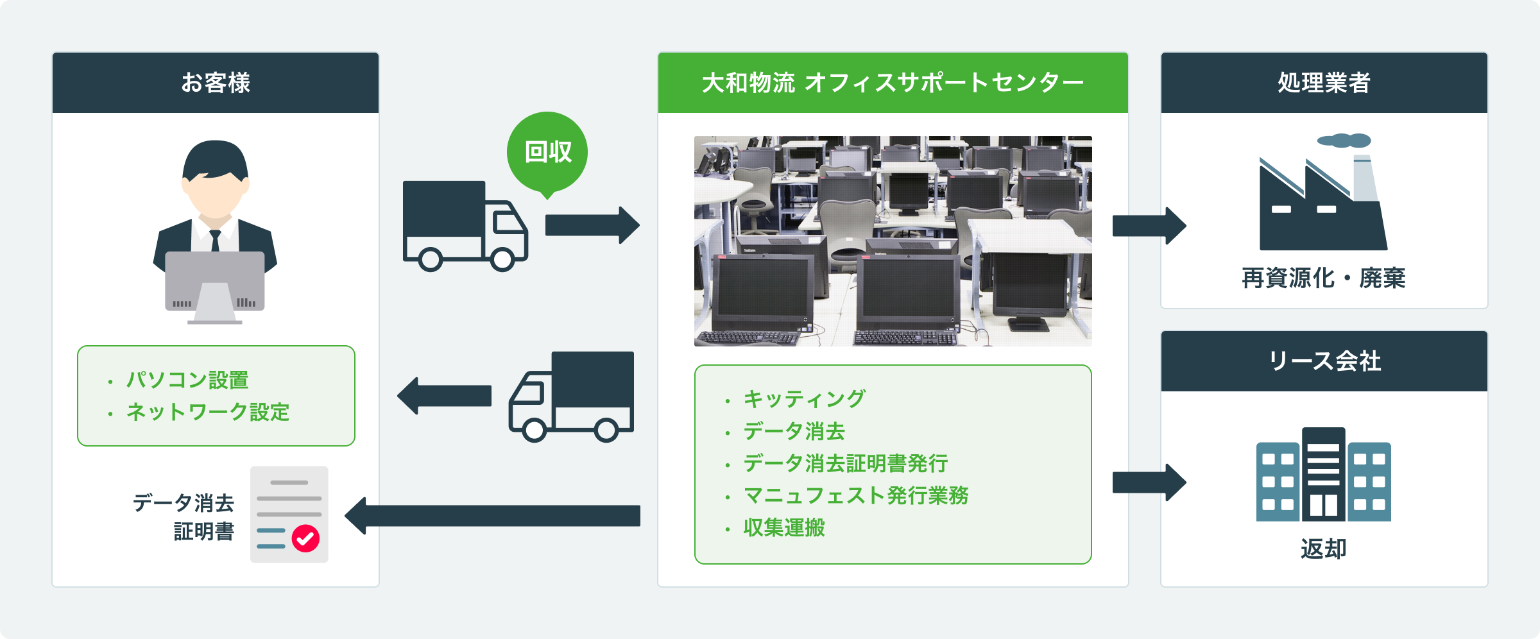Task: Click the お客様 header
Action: [x=216, y=83]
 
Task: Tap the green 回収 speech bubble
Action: [x=547, y=152]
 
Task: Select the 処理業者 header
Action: [x=1324, y=83]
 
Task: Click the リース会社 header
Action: [x=1324, y=361]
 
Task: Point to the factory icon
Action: [x=1322, y=199]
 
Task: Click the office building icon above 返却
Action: [x=1323, y=475]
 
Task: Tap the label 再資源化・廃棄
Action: [x=1323, y=278]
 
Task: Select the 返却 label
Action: [x=1323, y=549]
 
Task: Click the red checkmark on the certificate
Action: [x=305, y=538]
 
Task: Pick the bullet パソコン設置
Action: [x=187, y=380]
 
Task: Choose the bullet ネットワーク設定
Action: [x=207, y=412]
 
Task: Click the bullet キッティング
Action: [x=804, y=399]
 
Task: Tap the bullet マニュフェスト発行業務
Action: [x=855, y=495]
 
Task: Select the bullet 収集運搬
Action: [x=783, y=527]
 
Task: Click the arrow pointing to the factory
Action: [x=1149, y=226]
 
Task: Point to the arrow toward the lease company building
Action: [x=1149, y=482]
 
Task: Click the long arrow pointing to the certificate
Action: [x=493, y=516]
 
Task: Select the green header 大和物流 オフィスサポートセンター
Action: [x=893, y=83]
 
